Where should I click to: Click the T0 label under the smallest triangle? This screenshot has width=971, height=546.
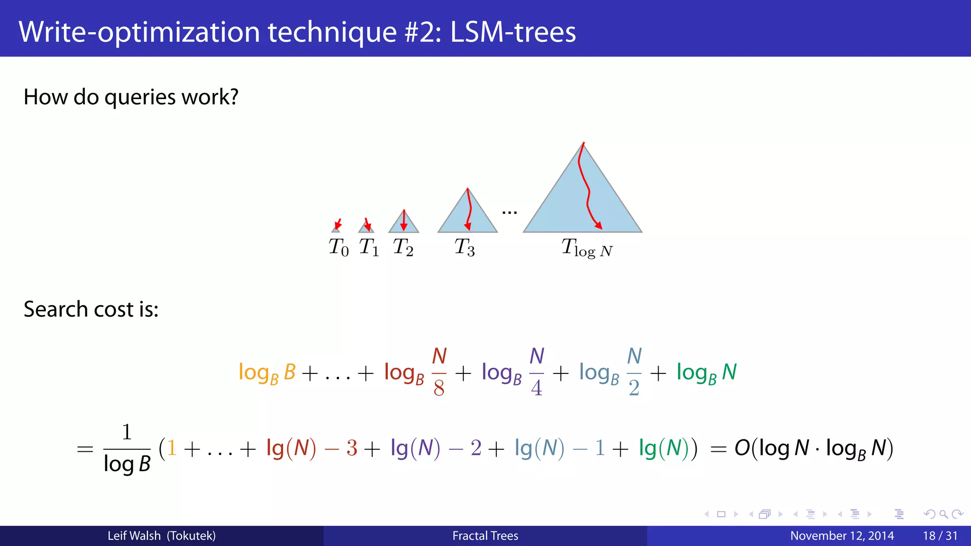[339, 247]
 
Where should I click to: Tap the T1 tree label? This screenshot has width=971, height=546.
[369, 247]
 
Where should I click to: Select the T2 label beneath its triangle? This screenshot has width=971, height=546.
[403, 247]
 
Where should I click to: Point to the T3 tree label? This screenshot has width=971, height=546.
[465, 247]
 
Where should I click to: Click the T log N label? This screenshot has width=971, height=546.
[587, 248]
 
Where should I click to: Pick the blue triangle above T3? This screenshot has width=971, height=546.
[467, 216]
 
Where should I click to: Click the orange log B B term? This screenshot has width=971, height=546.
[267, 373]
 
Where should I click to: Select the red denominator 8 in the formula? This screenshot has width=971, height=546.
[439, 388]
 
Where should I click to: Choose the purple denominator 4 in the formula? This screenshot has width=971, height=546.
[537, 388]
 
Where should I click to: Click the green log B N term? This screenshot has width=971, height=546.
[706, 373]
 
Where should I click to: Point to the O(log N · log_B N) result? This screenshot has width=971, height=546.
[814, 448]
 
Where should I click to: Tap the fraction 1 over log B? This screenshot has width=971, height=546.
[127, 448]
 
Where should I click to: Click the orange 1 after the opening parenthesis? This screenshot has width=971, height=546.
[172, 448]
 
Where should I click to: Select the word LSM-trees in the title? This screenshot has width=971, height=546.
[513, 32]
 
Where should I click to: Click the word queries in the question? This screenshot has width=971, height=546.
[140, 98]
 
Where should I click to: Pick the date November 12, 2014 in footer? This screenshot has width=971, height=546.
[842, 536]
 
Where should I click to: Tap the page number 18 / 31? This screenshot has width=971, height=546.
[940, 536]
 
